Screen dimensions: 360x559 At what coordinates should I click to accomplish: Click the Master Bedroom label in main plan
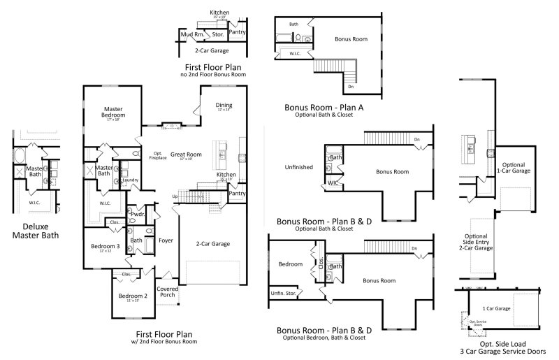click(114, 113)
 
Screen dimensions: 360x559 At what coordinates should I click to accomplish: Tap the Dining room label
click(224, 106)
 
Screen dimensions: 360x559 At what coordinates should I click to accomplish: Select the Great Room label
click(186, 155)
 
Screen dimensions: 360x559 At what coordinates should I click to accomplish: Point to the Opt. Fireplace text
click(158, 155)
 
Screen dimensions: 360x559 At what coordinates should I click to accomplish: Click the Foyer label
click(166, 240)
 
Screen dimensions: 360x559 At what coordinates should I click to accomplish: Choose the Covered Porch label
click(167, 291)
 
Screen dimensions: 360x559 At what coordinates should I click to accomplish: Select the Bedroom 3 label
click(105, 247)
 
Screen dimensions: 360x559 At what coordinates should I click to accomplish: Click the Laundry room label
click(130, 180)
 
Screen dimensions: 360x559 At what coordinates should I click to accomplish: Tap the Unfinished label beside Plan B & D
click(298, 168)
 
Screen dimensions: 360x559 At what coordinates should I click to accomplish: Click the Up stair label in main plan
click(175, 196)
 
